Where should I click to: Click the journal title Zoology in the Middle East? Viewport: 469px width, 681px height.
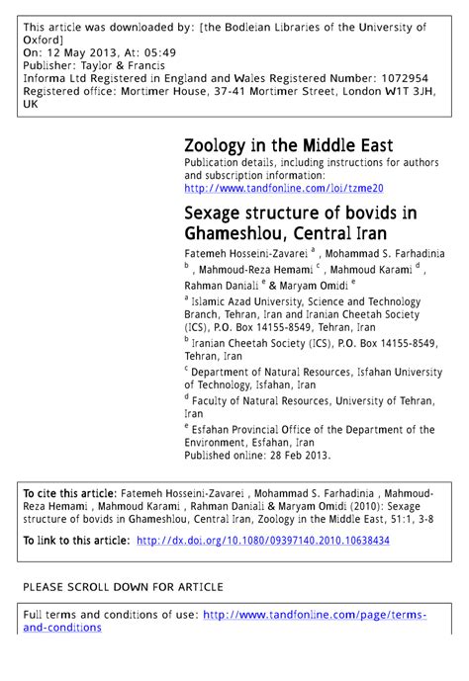pyautogui.click(x=288, y=145)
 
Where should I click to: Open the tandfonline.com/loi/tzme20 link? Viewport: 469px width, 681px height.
pyautogui.click(x=283, y=187)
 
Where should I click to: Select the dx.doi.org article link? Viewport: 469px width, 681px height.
pyautogui.click(x=262, y=541)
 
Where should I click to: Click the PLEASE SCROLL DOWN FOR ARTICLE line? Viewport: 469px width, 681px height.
pyautogui.click(x=123, y=586)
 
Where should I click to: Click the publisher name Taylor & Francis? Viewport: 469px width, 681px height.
pyautogui.click(x=130, y=63)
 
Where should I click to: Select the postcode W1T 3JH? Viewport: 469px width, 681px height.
pyautogui.click(x=407, y=89)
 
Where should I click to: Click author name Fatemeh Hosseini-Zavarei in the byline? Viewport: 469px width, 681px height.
pyautogui.click(x=245, y=254)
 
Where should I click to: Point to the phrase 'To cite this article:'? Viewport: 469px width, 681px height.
pyautogui.click(x=70, y=492)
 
